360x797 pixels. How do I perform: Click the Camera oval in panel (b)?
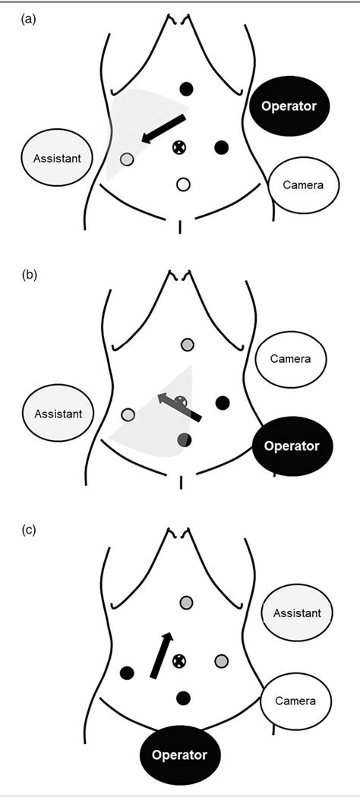point(290,358)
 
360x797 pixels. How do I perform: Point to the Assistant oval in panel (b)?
point(58,414)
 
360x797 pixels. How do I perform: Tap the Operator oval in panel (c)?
point(179,756)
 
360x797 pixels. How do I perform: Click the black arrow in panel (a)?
point(164,128)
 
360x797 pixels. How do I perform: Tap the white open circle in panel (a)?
point(182,184)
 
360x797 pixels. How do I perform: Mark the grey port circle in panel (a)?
point(127,159)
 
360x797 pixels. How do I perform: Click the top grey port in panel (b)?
point(186,345)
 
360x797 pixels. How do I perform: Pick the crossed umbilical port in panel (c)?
point(180,660)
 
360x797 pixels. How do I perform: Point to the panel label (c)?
point(28,531)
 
